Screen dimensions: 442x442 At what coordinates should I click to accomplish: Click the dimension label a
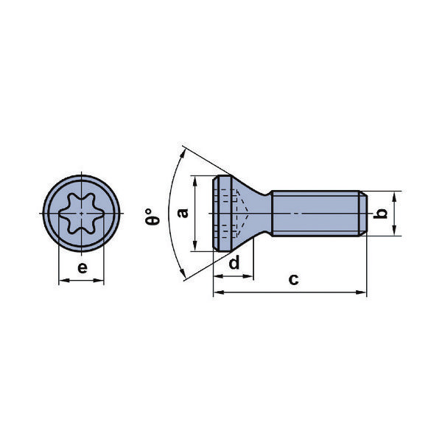point(183,213)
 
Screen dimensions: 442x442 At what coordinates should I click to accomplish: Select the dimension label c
point(293,279)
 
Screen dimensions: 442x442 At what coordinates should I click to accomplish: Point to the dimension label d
point(234,263)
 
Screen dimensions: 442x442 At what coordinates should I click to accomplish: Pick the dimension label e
point(82,267)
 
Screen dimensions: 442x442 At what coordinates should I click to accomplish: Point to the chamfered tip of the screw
point(362,214)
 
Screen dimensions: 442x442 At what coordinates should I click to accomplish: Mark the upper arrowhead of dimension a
point(195,180)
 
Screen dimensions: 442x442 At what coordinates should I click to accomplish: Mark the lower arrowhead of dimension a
point(195,248)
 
